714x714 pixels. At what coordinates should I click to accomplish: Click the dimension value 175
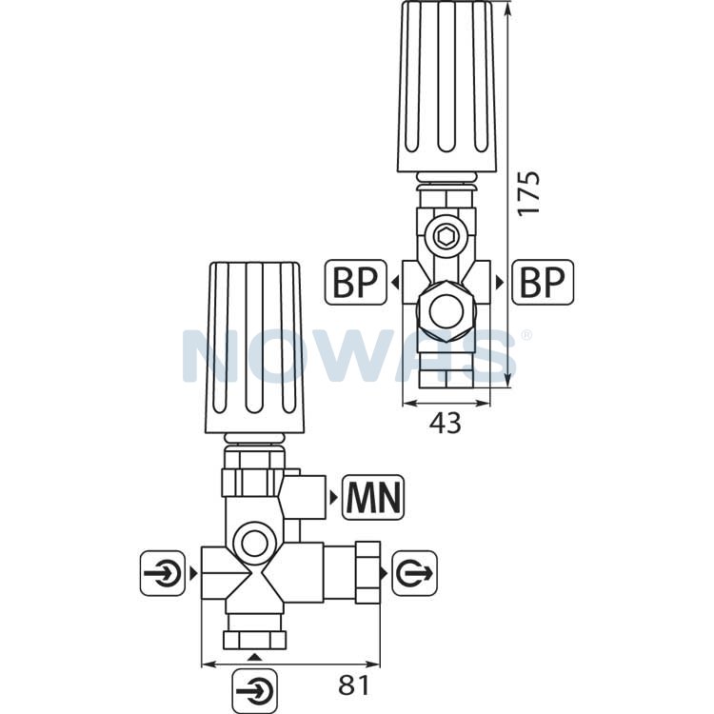[528, 192]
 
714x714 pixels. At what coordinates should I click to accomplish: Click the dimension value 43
[446, 423]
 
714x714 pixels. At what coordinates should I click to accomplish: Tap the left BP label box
[356, 283]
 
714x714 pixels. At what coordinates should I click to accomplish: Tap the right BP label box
[543, 283]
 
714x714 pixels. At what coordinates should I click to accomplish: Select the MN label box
[373, 498]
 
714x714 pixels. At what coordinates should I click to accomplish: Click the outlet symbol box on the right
[415, 573]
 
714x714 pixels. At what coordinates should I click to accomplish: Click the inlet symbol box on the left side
[163, 573]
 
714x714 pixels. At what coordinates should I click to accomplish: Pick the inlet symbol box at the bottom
[254, 691]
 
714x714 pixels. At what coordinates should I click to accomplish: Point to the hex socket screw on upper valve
[446, 236]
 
